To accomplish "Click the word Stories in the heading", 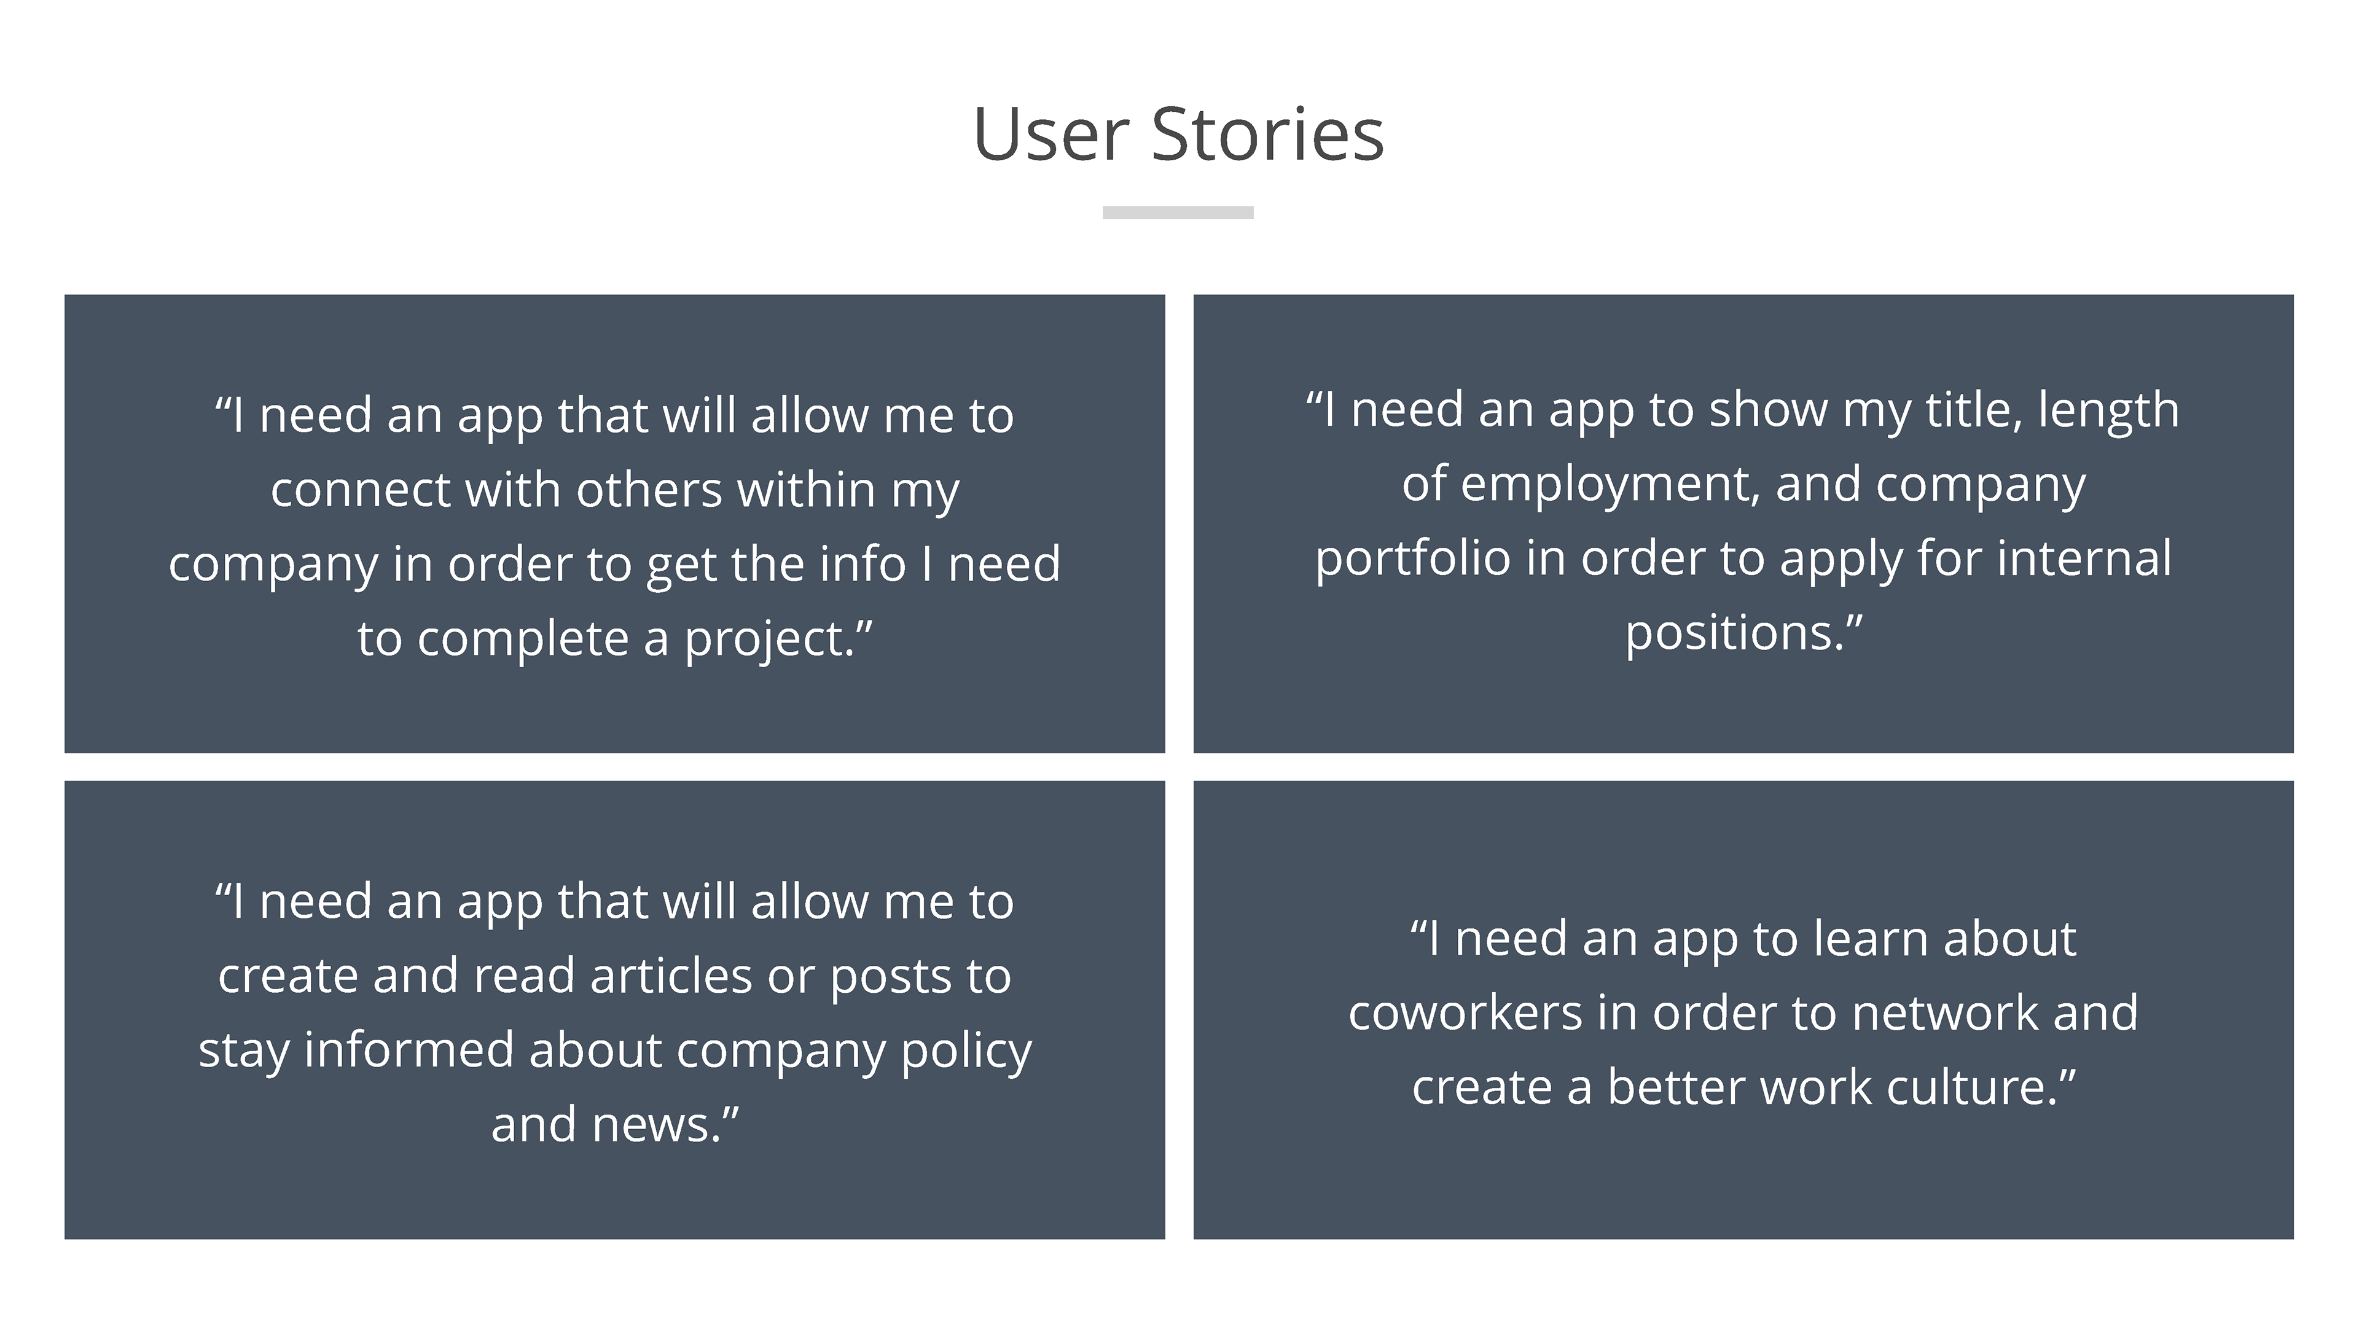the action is pos(1267,134).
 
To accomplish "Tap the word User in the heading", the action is pos(1051,134).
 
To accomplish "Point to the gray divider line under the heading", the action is pos(1178,213).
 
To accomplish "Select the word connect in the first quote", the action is pos(361,490).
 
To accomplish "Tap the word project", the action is pos(778,639).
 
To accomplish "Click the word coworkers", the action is pos(1465,1013).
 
